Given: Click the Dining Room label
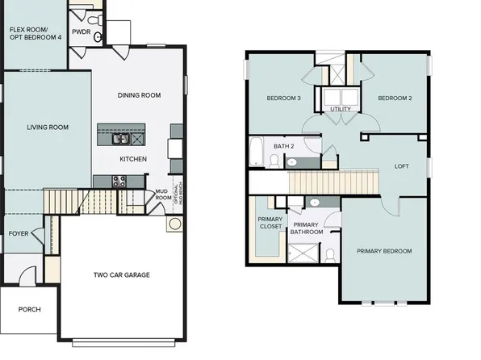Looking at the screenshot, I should point(139,95).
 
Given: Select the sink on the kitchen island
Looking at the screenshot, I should point(115,137).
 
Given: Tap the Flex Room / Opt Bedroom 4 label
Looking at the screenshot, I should point(35,33).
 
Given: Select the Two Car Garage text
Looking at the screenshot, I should point(121,275).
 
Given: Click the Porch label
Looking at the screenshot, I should point(29,309).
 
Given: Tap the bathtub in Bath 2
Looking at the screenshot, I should point(257,151).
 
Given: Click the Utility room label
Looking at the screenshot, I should point(340,108).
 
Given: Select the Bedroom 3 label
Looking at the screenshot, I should point(283,98).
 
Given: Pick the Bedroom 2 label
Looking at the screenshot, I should point(395,98).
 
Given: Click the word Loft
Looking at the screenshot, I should point(401,166).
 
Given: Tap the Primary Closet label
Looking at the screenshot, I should point(269,224).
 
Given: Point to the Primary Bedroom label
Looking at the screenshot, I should point(384,251).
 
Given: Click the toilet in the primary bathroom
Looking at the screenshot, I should point(330,256).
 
